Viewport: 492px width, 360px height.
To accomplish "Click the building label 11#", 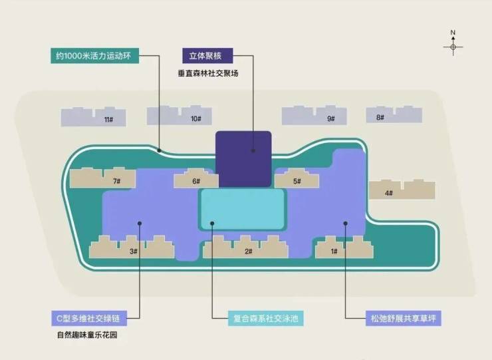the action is click(x=109, y=120).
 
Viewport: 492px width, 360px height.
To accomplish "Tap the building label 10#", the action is click(x=196, y=118).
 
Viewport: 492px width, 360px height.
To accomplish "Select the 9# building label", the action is click(x=331, y=118).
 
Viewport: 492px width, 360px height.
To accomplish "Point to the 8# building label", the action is click(x=380, y=117).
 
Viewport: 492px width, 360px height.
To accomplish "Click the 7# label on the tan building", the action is click(x=117, y=181).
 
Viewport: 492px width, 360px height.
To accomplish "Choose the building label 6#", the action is click(x=196, y=181).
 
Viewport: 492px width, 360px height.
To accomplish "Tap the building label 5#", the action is click(x=297, y=181).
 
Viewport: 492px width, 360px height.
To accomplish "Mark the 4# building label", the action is click(x=389, y=193).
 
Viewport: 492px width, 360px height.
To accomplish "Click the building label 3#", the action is click(x=134, y=252).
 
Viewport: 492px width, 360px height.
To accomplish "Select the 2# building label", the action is click(x=249, y=252).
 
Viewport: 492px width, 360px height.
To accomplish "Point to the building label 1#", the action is click(x=334, y=252).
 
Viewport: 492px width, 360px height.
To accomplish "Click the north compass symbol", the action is click(x=453, y=43).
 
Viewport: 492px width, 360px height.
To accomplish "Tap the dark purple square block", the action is click(x=243, y=159).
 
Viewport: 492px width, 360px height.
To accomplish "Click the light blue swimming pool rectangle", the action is click(x=243, y=209).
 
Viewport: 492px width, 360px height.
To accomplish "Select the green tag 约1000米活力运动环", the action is click(x=95, y=56).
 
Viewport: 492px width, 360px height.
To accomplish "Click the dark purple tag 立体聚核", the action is click(x=207, y=56).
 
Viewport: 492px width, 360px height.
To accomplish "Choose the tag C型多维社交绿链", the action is click(x=90, y=319).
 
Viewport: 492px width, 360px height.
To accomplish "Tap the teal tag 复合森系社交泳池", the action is click(x=265, y=319).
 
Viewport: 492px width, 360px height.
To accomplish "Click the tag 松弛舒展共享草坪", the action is click(x=403, y=319).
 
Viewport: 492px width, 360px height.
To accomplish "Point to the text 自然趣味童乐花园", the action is click(x=87, y=335).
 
